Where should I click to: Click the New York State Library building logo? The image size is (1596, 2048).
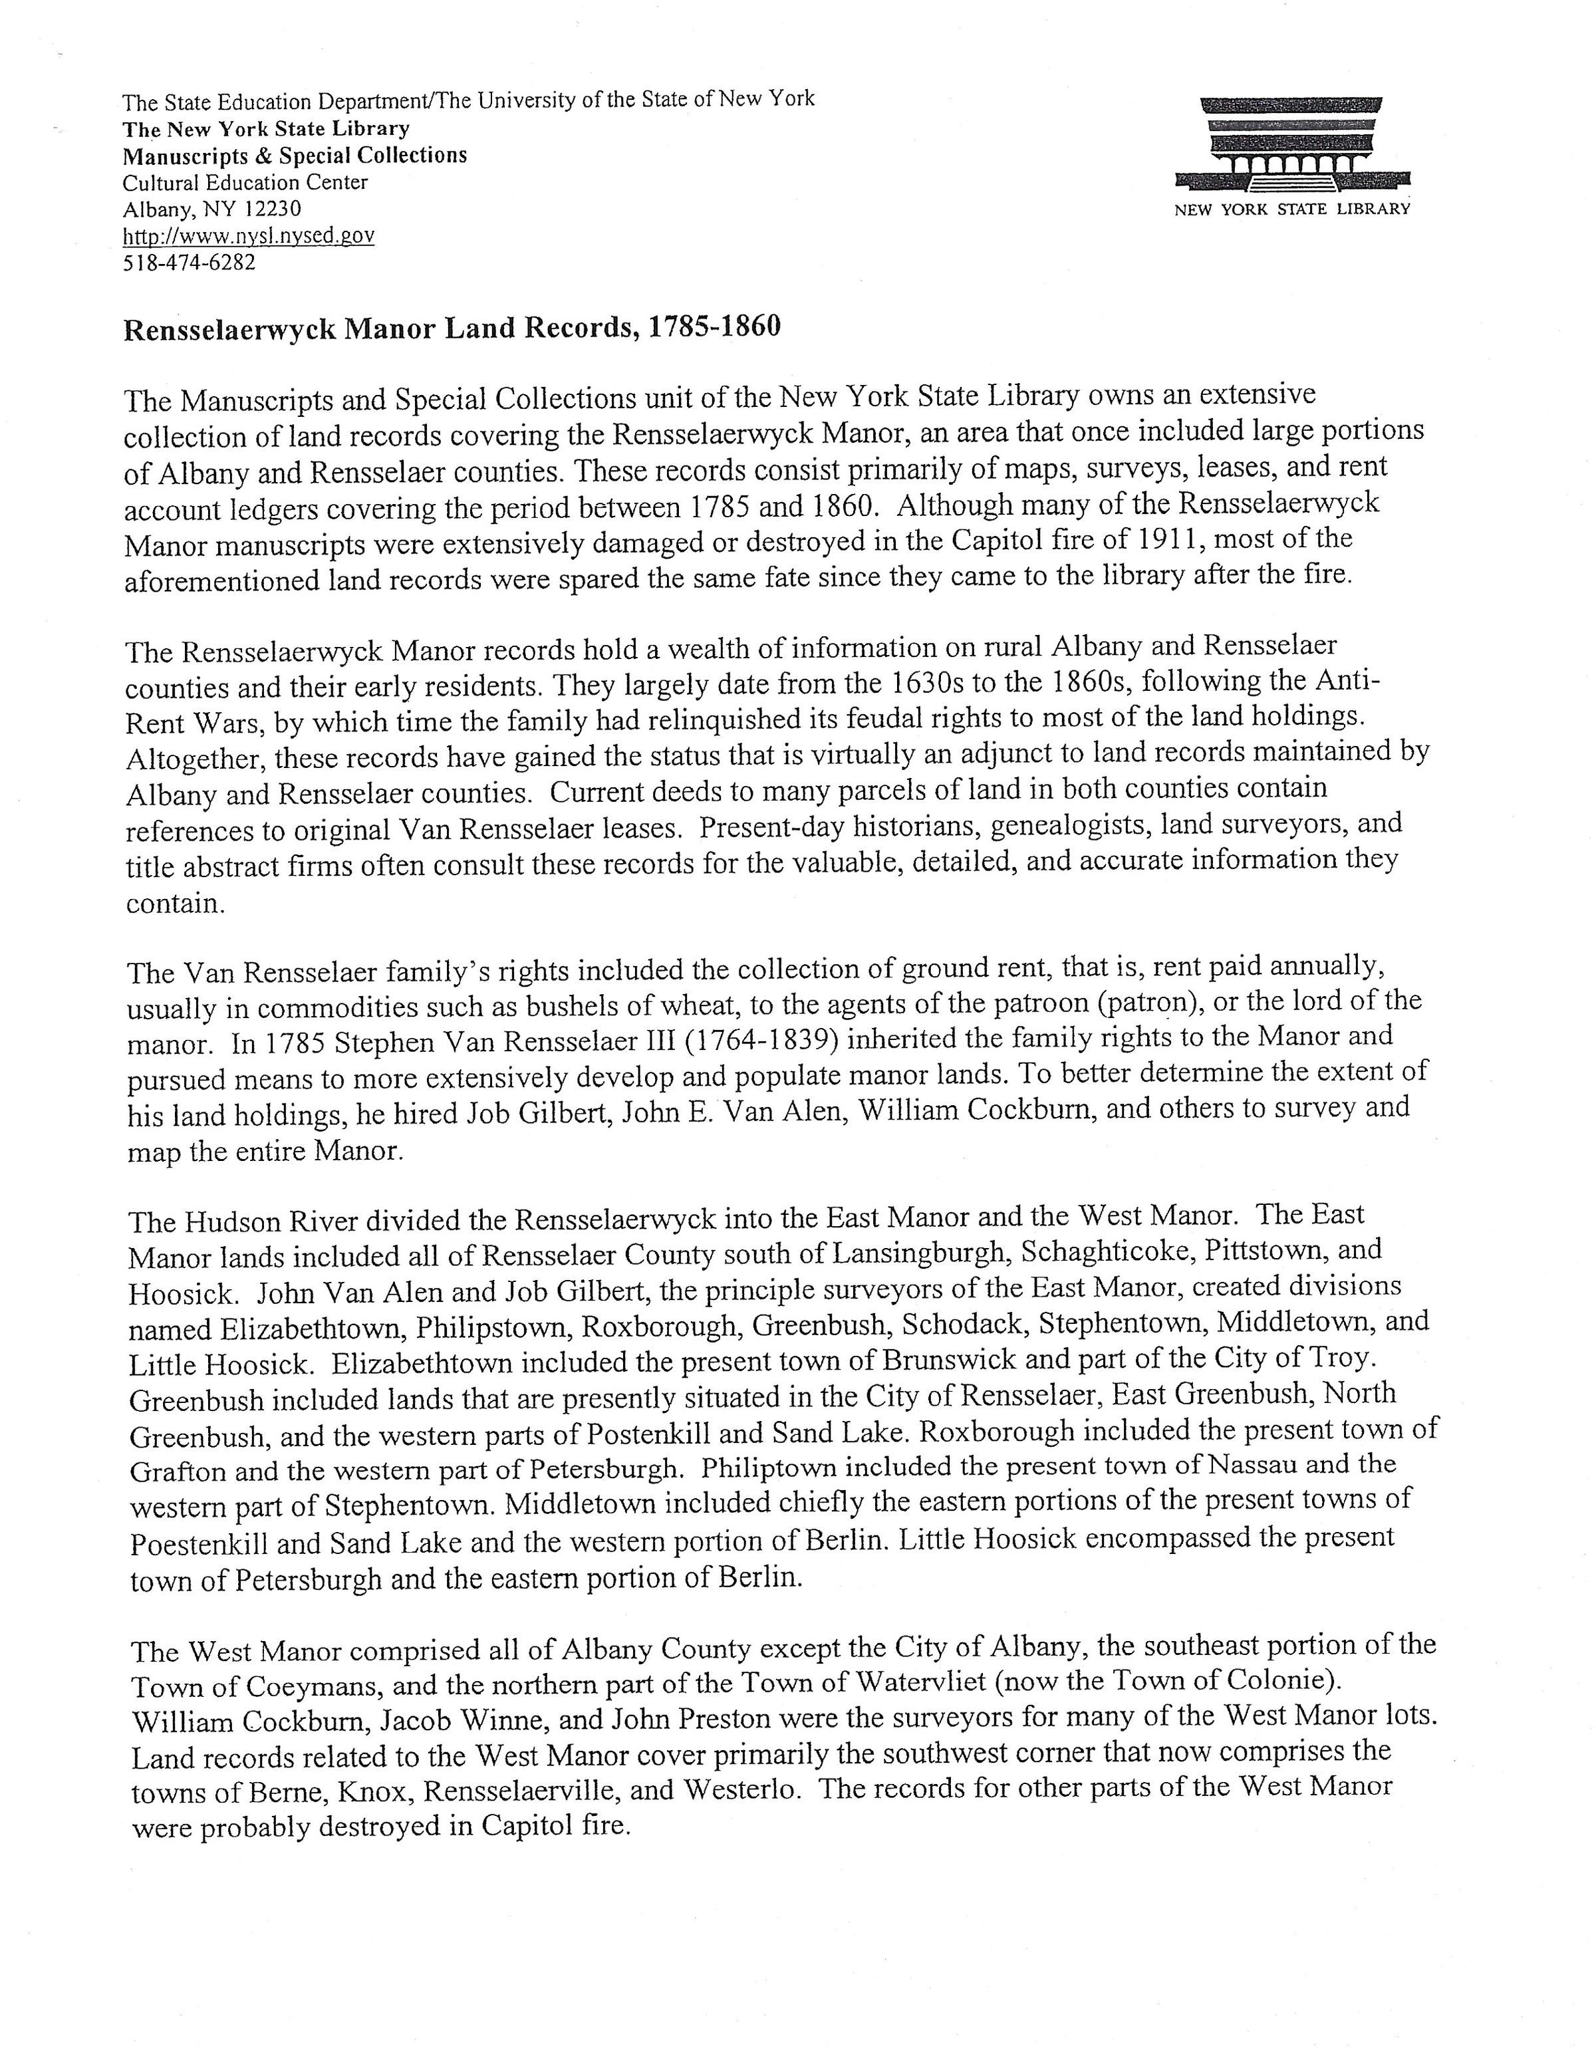click(x=1292, y=146)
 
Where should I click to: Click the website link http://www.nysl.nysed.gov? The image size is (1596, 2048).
click(x=249, y=235)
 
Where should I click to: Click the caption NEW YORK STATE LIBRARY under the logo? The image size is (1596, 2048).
click(x=1292, y=209)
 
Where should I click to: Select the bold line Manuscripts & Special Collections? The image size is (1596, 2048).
click(x=295, y=155)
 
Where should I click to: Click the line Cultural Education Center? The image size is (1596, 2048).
click(x=245, y=182)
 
